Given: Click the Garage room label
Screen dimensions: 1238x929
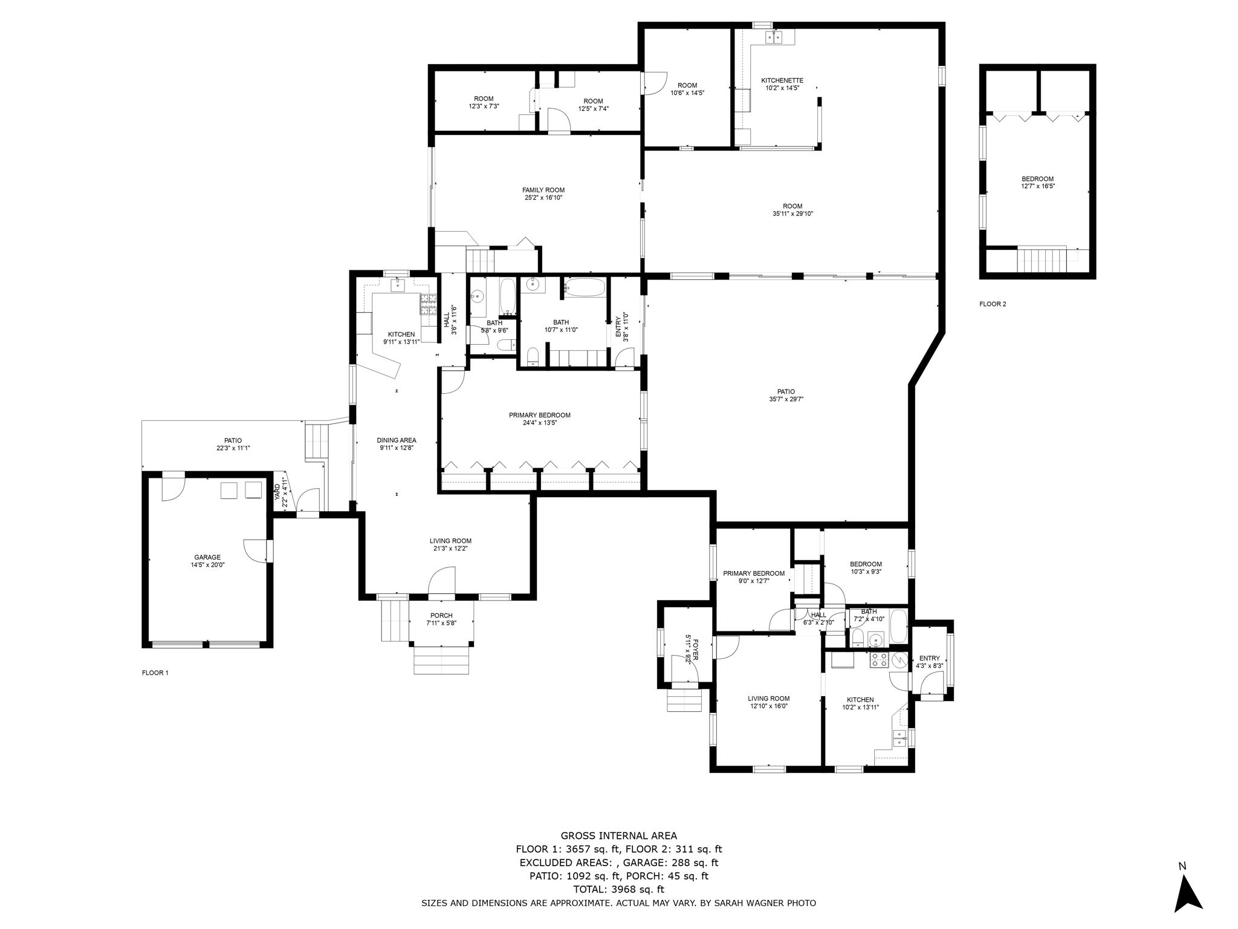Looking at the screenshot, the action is pos(207,557).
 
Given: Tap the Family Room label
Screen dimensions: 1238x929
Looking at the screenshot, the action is pos(543,190).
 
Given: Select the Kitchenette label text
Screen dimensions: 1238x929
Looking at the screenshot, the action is pos(782,80).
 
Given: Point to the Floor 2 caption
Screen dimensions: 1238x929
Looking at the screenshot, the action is pos(993,304).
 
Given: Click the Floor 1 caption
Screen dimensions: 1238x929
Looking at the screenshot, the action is pos(155,673).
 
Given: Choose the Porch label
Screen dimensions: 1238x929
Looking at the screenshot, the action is pos(441,616).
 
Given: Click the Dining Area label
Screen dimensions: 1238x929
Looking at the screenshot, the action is pos(397,440).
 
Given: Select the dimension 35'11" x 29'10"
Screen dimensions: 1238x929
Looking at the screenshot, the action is pos(792,214).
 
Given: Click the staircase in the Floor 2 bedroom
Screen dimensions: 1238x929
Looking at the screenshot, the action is pos(1042,260).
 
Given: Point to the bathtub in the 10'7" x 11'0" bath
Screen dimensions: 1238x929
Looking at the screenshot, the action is pos(584,287).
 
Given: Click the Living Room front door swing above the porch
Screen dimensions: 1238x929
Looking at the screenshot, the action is pos(441,581).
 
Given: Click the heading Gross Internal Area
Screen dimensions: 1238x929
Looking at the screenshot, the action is pos(619,836).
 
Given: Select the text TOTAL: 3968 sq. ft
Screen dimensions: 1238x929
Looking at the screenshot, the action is pos(619,890).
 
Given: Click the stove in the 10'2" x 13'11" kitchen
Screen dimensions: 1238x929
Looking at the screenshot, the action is pos(879,660).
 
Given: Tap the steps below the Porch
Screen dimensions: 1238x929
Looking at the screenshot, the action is pos(441,660).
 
